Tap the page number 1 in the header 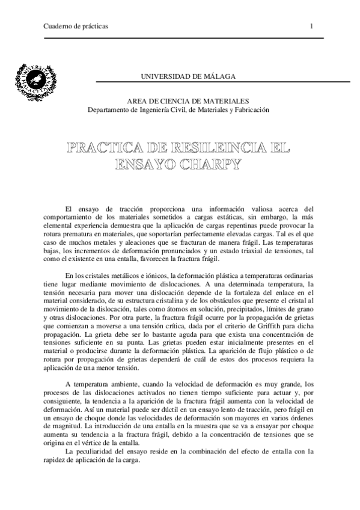click(312, 27)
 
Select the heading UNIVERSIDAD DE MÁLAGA click(188, 77)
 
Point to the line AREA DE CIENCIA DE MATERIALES click(188, 102)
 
